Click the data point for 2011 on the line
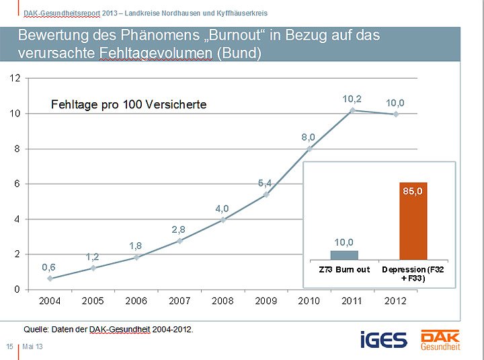352,110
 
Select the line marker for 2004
50,279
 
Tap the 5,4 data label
265,182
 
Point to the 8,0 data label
308,137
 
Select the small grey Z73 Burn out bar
344,255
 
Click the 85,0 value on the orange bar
413,191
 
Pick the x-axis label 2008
223,301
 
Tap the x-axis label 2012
395,301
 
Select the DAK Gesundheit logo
440,339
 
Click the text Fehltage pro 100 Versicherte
128,104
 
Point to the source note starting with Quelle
108,329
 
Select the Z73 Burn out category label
344,270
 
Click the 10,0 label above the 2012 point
395,102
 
